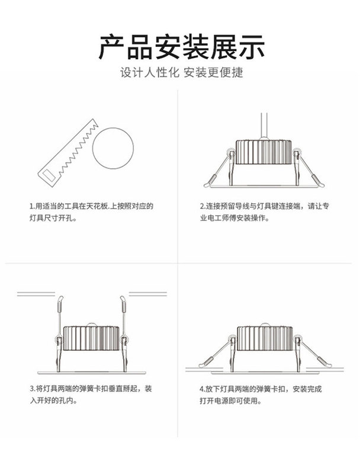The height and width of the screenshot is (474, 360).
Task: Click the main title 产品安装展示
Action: coord(181,47)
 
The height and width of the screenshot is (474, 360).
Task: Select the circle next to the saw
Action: coord(113,148)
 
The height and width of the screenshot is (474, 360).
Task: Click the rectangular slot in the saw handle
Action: coord(47,174)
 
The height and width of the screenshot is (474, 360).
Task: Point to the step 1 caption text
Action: coord(91,212)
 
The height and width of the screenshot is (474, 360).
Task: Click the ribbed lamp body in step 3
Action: coord(91,338)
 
